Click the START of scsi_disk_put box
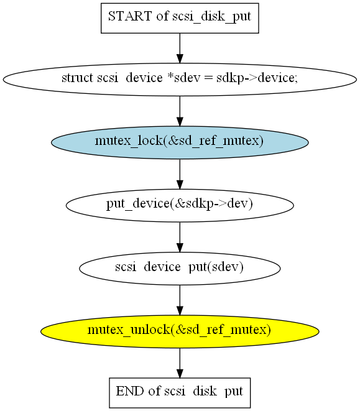pos(180,18)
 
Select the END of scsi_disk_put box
pos(180,392)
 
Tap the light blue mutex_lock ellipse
pos(180,142)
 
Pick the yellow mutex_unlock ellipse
pos(180,331)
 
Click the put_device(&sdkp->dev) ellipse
pos(180,205)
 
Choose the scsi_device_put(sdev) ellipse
pos(180,269)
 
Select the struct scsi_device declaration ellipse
pos(180,80)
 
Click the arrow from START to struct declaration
pos(180,48)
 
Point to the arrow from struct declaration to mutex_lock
pos(180,111)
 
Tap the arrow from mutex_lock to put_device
pos(180,174)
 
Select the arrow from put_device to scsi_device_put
pos(180,238)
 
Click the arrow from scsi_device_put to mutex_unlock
pos(180,300)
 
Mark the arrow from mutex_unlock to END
pos(180,363)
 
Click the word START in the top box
pos(130,16)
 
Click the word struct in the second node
pos(77,78)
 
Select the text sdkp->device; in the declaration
pos(257,78)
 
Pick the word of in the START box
pos(162,16)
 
